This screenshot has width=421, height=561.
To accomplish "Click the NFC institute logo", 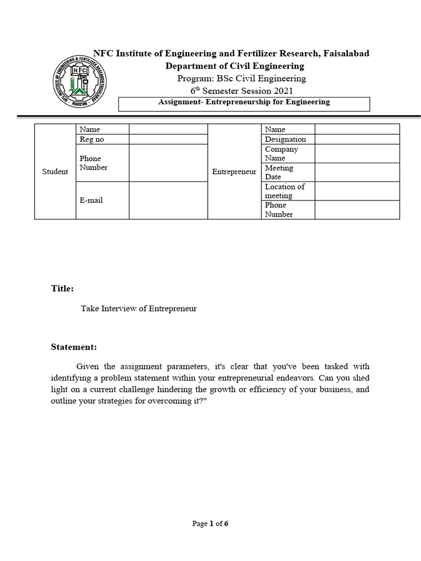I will point(81,82).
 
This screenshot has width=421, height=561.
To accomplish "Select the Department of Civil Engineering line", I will point(235,66).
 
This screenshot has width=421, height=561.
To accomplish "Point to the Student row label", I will point(55,171).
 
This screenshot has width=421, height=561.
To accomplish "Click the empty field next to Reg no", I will point(168,139).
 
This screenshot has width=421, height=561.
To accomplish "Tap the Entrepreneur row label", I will point(234,171).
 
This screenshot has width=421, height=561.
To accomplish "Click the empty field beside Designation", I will point(357,139).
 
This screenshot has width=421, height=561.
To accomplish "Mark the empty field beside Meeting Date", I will point(357,172).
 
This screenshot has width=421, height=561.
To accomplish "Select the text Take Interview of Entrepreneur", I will point(139,308).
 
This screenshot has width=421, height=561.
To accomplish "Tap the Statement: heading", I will point(74,347).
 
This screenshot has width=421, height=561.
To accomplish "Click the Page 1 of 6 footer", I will point(210,524).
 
